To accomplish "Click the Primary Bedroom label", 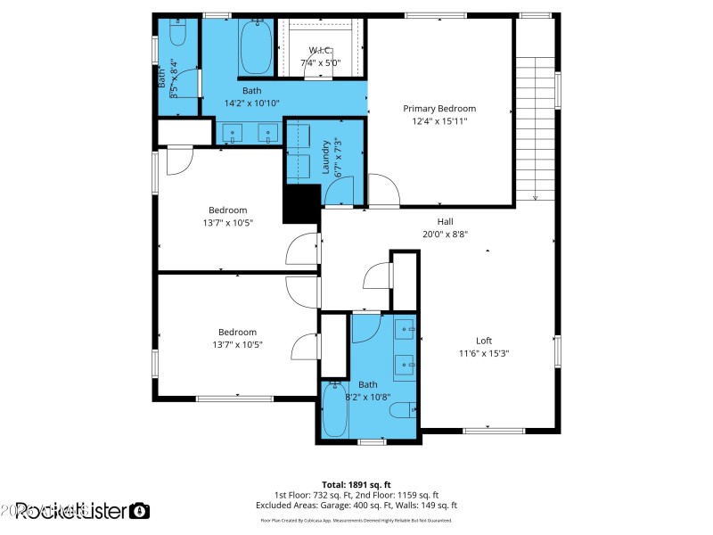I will (x=439, y=109).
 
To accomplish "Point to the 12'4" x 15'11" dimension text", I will (x=439, y=121).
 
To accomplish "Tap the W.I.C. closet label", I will (x=320, y=50).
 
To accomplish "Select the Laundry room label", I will (x=326, y=155).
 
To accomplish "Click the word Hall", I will (x=446, y=222).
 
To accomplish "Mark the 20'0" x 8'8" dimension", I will (x=446, y=235).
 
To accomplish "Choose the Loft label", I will (x=484, y=341).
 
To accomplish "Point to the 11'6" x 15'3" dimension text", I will (x=484, y=353).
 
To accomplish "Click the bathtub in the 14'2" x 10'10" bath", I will (x=256, y=46).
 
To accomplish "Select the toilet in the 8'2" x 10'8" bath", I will (x=403, y=411).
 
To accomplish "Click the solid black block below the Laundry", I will (x=300, y=203).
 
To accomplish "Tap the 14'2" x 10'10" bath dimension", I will (x=251, y=103).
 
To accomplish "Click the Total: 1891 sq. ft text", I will (x=356, y=484).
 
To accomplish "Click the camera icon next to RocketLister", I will (x=139, y=510).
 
